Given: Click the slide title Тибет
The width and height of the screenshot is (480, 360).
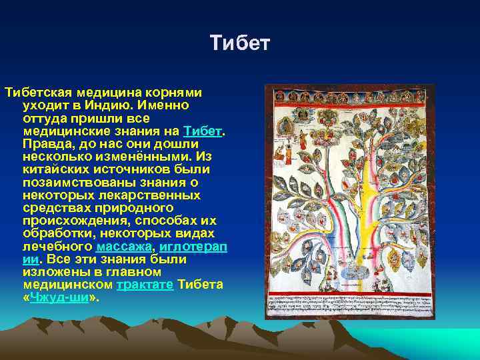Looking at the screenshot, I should coord(240,44).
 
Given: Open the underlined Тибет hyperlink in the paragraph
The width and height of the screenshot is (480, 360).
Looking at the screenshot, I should coord(202,131).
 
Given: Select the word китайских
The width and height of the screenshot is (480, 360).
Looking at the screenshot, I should coord(57,169).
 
